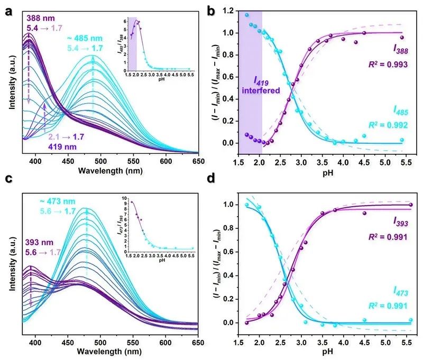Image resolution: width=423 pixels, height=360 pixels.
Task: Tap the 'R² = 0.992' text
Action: tap(388, 125)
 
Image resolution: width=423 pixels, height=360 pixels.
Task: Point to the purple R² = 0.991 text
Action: tap(388, 234)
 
